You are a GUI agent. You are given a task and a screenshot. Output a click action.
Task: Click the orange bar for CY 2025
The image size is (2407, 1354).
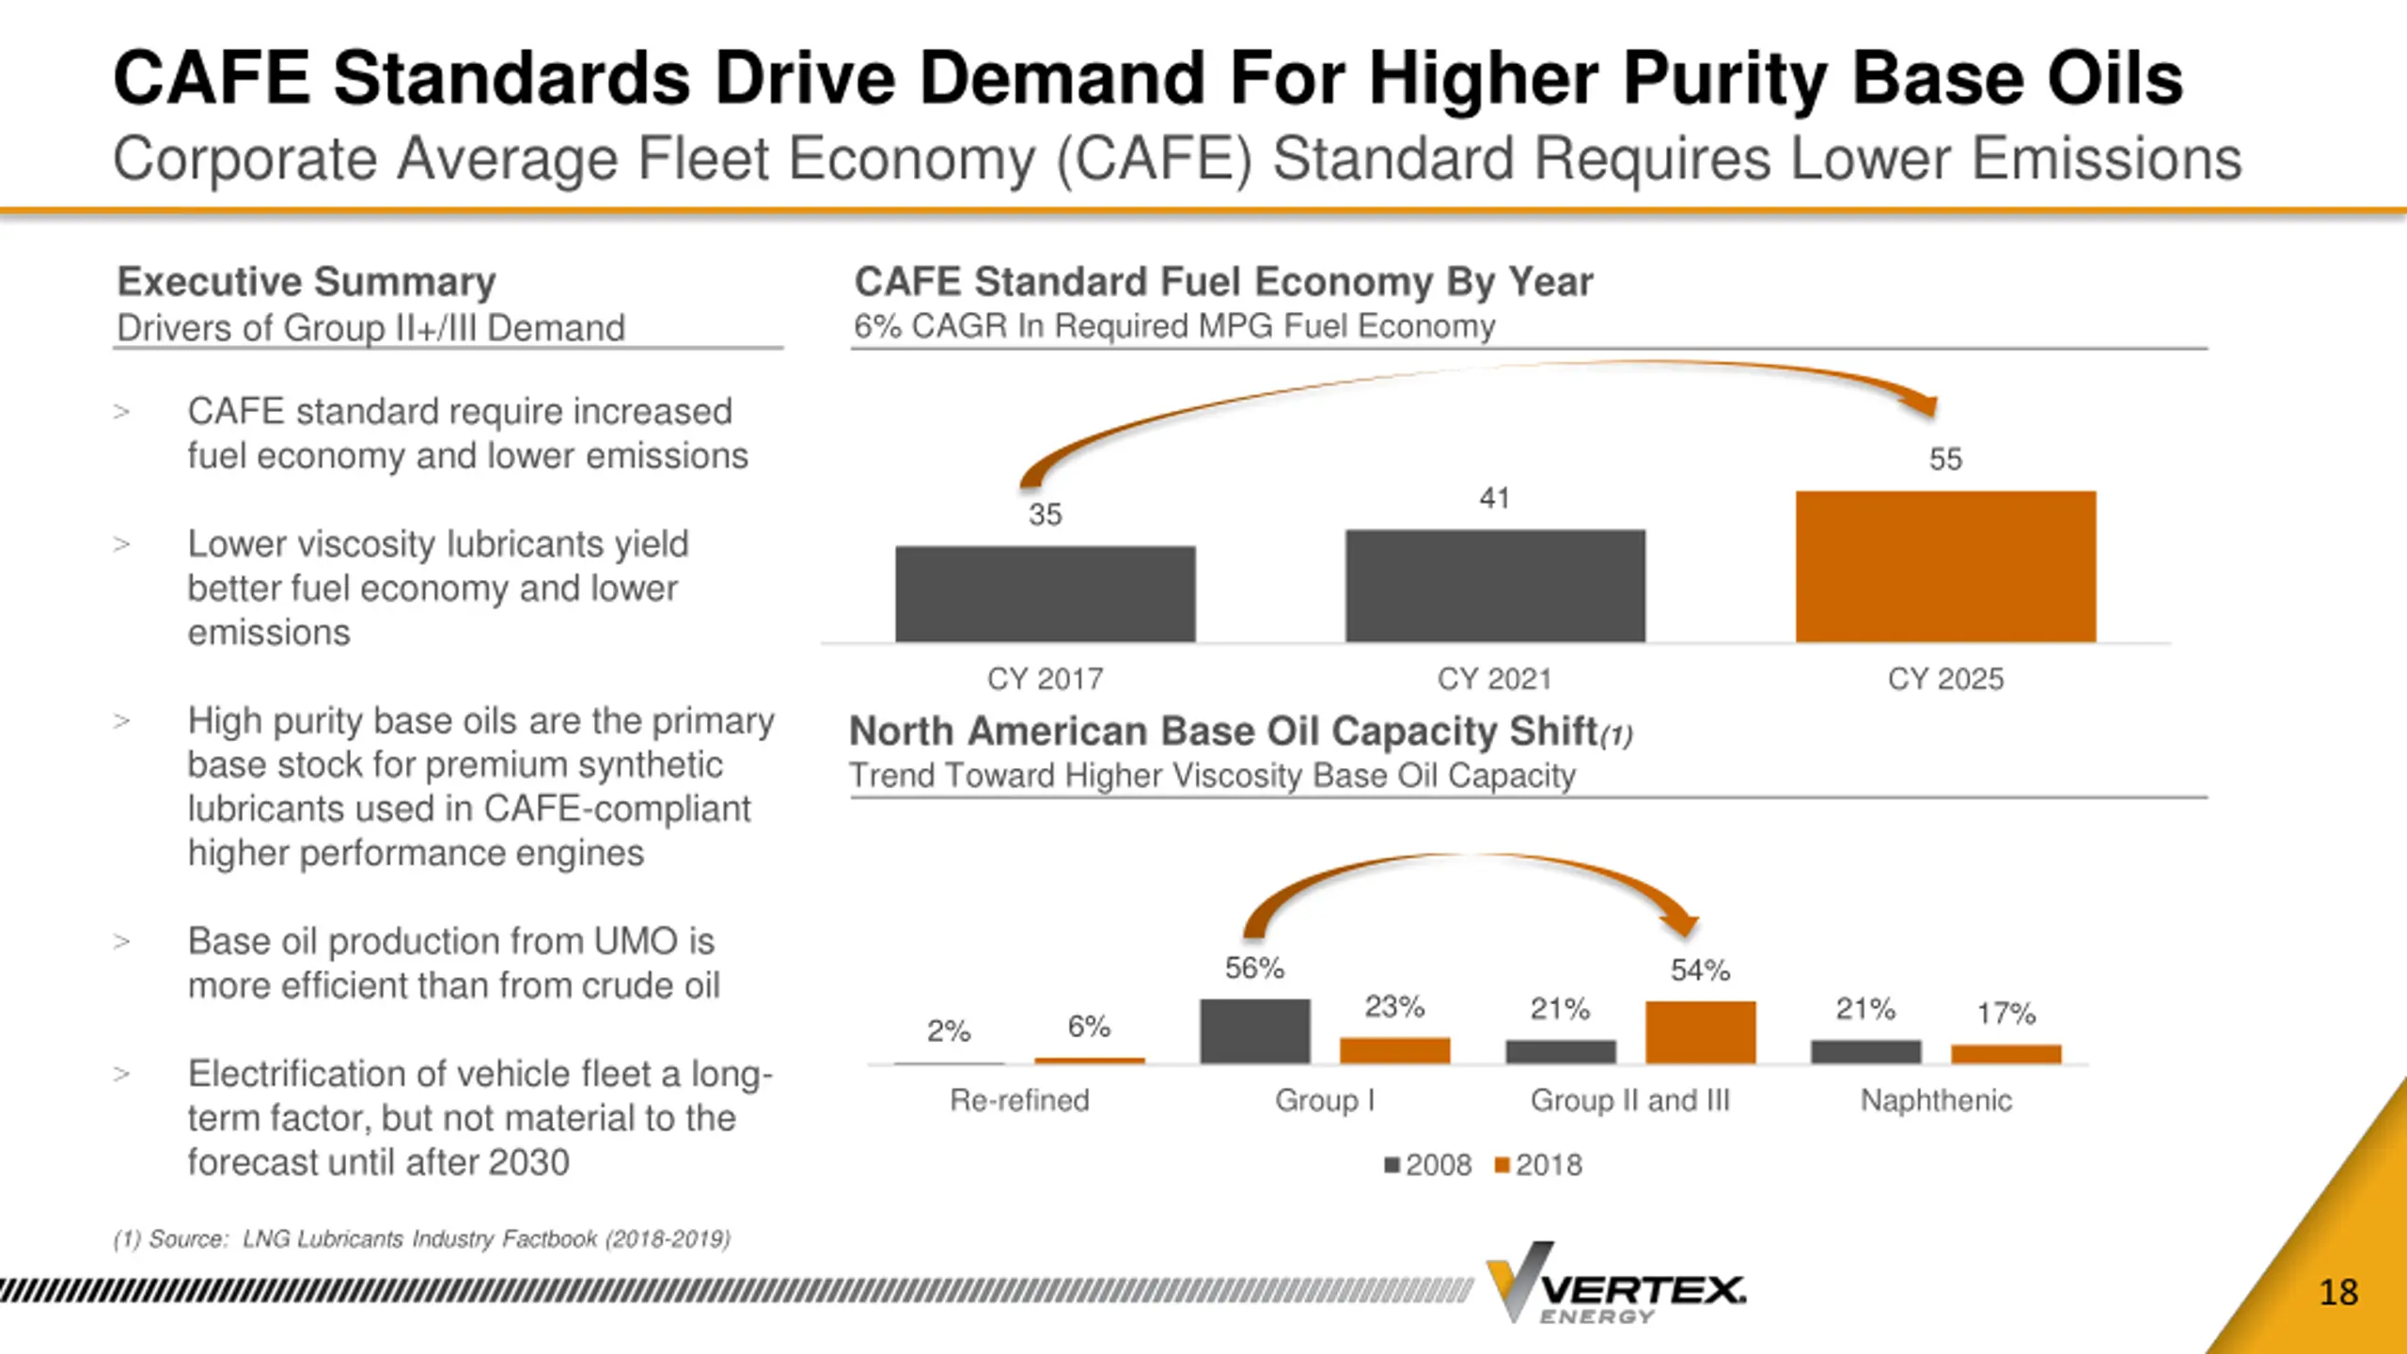click(1945, 566)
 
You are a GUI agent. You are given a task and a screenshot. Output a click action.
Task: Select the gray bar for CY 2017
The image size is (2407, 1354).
click(1045, 593)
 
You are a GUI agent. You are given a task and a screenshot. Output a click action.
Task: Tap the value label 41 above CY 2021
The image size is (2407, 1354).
click(1494, 497)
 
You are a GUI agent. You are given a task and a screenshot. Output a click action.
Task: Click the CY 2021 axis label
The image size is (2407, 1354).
click(1494, 679)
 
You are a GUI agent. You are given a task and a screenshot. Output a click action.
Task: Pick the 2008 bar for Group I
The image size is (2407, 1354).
click(1254, 1031)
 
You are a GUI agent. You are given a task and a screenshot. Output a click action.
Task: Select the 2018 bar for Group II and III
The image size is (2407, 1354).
click(1700, 1031)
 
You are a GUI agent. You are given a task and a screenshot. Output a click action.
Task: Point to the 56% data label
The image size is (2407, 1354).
click(1254, 968)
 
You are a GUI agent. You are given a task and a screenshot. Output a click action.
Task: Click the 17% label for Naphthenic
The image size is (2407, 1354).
click(2006, 1013)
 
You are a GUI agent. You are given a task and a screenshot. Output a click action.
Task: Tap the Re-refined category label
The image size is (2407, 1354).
click(1019, 1100)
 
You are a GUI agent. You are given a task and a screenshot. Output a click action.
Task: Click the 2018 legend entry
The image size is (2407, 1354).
click(1539, 1165)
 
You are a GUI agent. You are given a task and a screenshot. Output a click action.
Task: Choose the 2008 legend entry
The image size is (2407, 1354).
click(1428, 1165)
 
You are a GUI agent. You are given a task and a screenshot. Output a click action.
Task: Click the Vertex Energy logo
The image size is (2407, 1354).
click(1615, 1283)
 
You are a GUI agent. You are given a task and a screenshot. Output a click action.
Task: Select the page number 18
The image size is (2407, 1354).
click(2338, 1293)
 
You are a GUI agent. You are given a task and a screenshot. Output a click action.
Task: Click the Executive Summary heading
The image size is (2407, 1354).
click(307, 281)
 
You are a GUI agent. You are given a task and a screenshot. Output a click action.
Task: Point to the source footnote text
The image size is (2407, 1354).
click(421, 1239)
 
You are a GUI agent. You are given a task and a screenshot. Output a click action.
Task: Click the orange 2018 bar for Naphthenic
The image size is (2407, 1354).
click(2006, 1054)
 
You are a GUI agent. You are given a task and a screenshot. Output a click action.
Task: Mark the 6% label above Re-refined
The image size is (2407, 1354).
click(1089, 1026)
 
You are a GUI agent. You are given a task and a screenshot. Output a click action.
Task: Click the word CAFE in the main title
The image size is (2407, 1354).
click(211, 78)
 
